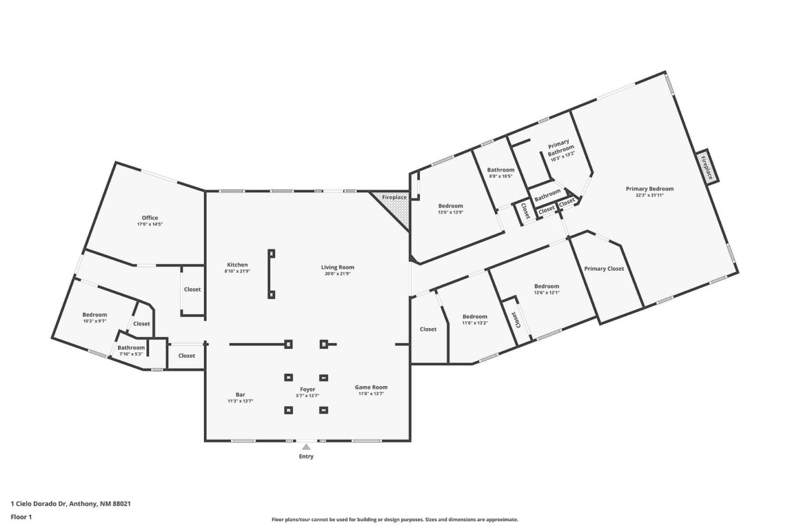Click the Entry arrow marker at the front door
(307, 447)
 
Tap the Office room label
(150, 217)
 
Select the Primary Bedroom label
(650, 189)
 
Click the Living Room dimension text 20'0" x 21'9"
(338, 273)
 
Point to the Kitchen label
(237, 265)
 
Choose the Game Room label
(371, 388)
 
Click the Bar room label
(240, 394)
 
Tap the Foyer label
(307, 390)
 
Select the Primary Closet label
(604, 269)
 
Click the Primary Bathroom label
(560, 146)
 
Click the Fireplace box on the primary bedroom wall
(708, 167)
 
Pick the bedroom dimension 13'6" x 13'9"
(450, 212)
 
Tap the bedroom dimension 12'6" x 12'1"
(547, 292)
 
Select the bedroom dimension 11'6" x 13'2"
(475, 323)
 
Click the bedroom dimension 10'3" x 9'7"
(95, 321)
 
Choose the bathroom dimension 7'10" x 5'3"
(131, 354)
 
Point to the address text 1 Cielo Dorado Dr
(38, 503)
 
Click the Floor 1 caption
(21, 516)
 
